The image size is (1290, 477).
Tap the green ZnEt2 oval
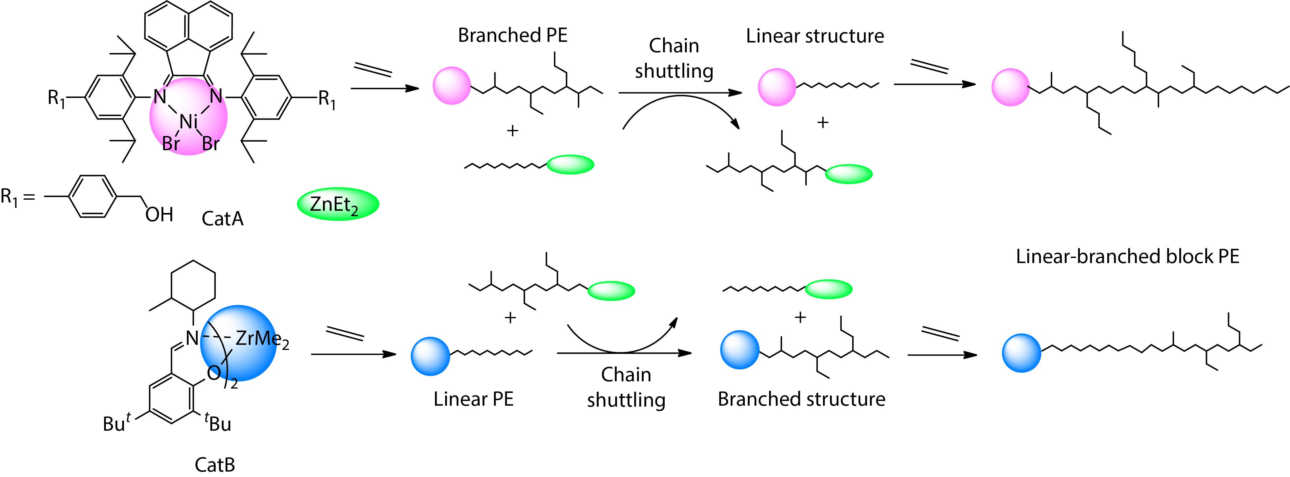point(338,204)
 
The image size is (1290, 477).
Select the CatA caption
point(222,219)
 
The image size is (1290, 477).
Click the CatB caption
point(214,465)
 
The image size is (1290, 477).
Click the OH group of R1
point(159,215)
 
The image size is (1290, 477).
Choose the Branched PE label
point(512,35)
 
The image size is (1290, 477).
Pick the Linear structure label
point(815,36)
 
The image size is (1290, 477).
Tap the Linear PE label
point(473,399)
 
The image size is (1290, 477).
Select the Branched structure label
point(801,399)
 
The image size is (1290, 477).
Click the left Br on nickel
point(171,144)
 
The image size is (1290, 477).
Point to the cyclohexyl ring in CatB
point(193,286)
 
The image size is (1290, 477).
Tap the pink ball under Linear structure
point(777,87)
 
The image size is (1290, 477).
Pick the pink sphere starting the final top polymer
point(1010,87)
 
